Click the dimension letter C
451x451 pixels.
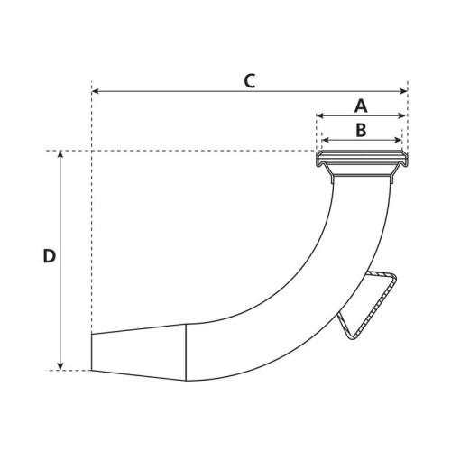click(250, 81)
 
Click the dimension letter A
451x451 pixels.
click(361, 106)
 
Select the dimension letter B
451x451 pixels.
click(361, 130)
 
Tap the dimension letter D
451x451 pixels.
click(50, 256)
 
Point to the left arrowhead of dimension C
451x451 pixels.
click(96, 91)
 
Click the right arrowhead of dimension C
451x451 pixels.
click(403, 91)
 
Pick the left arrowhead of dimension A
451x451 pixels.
click(320, 115)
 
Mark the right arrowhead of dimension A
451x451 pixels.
click(402, 115)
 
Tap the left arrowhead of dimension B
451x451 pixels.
click(326, 140)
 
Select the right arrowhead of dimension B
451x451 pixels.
click(398, 140)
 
